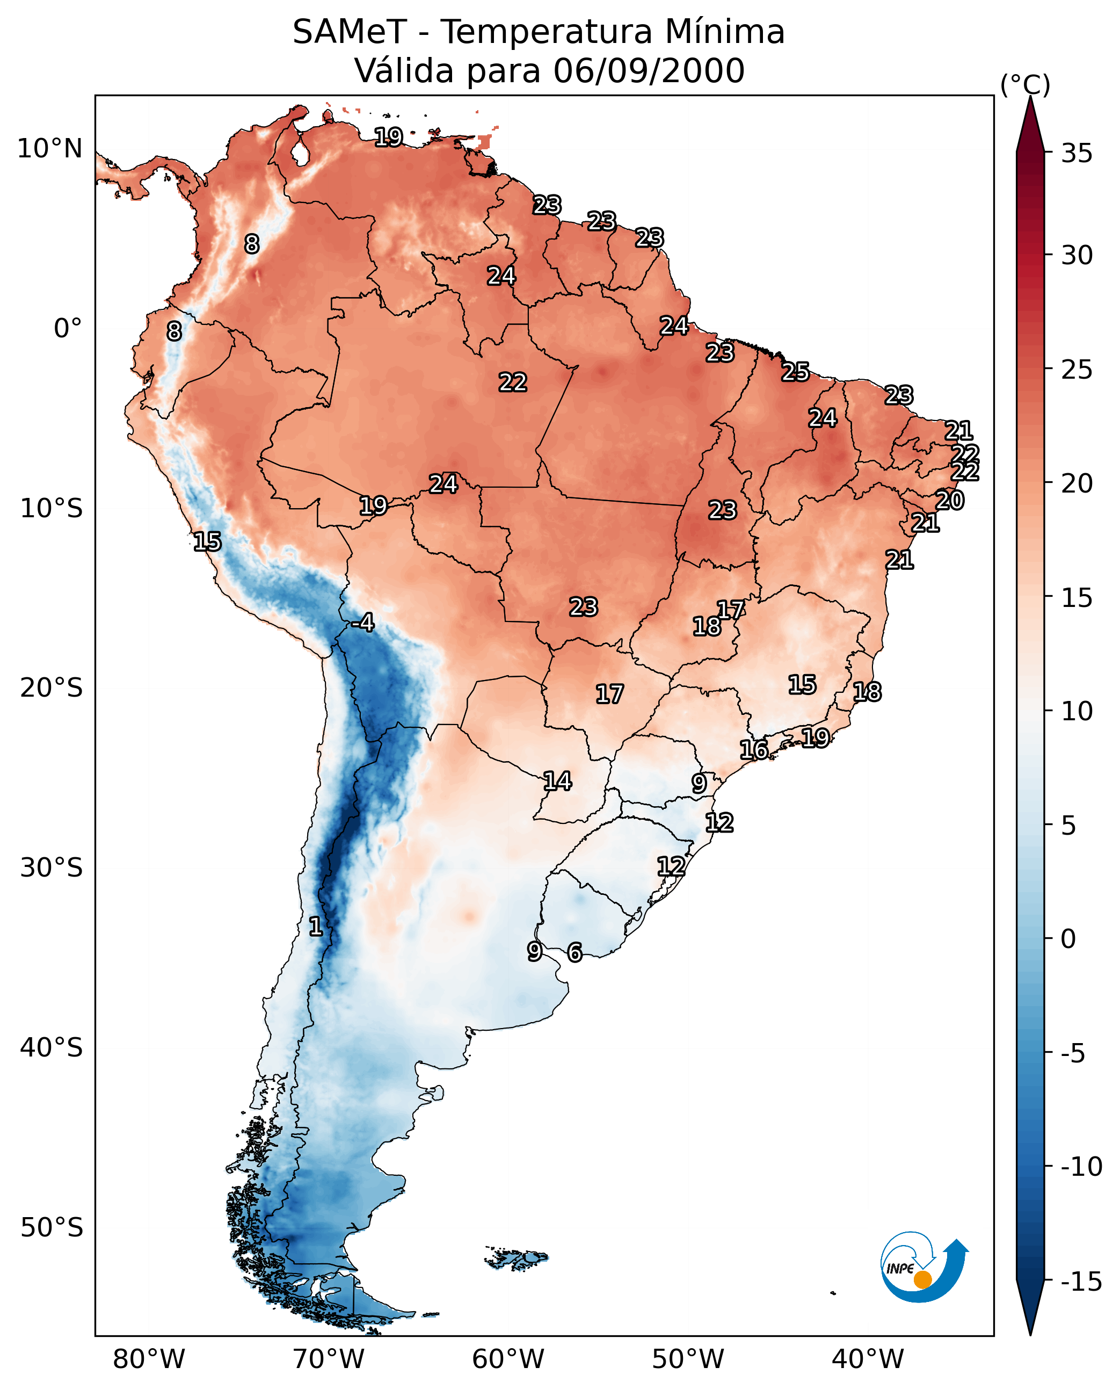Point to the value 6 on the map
pos(574,952)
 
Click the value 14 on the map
pos(557,781)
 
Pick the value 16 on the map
pos(753,749)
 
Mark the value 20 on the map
pos(950,500)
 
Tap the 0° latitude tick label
pos(68,329)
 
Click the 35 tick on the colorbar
pos(1077,154)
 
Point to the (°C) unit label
pos(1025,84)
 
